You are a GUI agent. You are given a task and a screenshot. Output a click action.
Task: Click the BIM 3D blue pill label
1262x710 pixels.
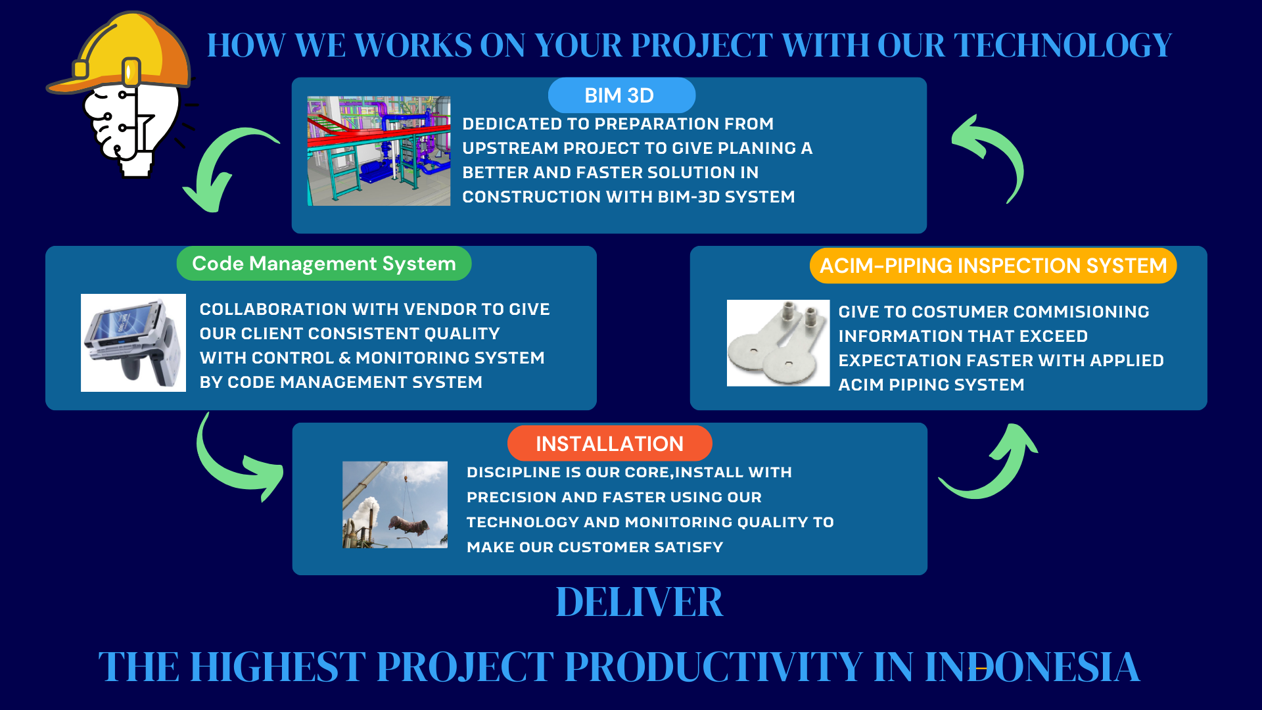pos(621,95)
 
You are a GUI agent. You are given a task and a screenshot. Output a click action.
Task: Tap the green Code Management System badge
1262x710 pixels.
pos(324,264)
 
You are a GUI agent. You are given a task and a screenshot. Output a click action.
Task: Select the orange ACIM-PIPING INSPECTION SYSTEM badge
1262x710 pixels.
pos(993,266)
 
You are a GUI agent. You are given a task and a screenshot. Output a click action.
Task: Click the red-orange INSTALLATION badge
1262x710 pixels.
pos(609,444)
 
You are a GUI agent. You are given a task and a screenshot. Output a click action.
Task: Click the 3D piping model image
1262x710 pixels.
pos(379,151)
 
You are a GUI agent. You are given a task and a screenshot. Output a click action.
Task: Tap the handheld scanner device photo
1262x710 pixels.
pos(133,343)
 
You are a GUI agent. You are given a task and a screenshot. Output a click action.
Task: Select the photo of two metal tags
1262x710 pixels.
pos(778,343)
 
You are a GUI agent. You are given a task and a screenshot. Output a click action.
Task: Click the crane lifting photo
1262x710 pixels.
pos(395,505)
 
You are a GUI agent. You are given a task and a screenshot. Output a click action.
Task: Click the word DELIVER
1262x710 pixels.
pos(640,602)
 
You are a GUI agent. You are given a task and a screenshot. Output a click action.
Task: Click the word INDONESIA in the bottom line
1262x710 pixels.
pos(1032,667)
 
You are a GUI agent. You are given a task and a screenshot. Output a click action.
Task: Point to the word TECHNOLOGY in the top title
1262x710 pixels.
pos(1062,45)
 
